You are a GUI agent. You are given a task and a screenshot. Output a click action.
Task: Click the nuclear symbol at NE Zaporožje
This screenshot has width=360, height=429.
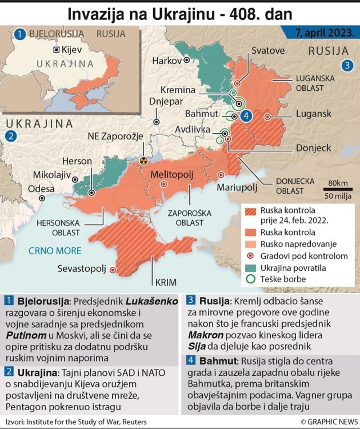[143, 161]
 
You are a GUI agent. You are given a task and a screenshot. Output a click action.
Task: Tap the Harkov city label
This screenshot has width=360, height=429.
[167, 60]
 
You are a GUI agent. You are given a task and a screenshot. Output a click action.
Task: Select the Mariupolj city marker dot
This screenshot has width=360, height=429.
[221, 175]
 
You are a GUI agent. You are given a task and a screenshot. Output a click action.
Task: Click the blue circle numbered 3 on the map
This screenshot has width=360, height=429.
[347, 66]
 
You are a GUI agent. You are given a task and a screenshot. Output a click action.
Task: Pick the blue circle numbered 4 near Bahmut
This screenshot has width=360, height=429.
[246, 116]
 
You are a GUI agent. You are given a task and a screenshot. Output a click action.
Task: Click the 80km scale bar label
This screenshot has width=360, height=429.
[338, 183]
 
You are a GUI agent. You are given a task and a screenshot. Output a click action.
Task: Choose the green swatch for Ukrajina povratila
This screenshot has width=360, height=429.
[251, 268]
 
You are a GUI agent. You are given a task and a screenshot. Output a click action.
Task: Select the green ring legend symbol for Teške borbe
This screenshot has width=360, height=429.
[251, 279]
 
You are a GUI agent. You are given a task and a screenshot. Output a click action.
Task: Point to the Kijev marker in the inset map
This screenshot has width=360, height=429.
[56, 49]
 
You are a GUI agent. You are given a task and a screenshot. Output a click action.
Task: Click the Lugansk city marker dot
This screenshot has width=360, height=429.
[267, 117]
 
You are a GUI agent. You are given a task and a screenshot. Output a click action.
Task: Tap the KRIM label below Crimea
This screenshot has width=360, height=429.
[166, 283]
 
